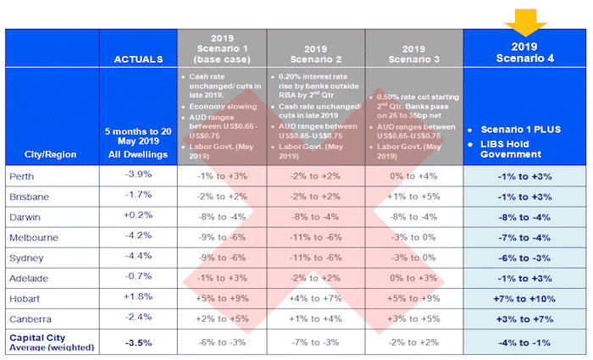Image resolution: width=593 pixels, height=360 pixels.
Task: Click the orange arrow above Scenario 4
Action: click(524, 17)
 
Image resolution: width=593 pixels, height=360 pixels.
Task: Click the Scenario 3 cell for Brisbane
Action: click(414, 196)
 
